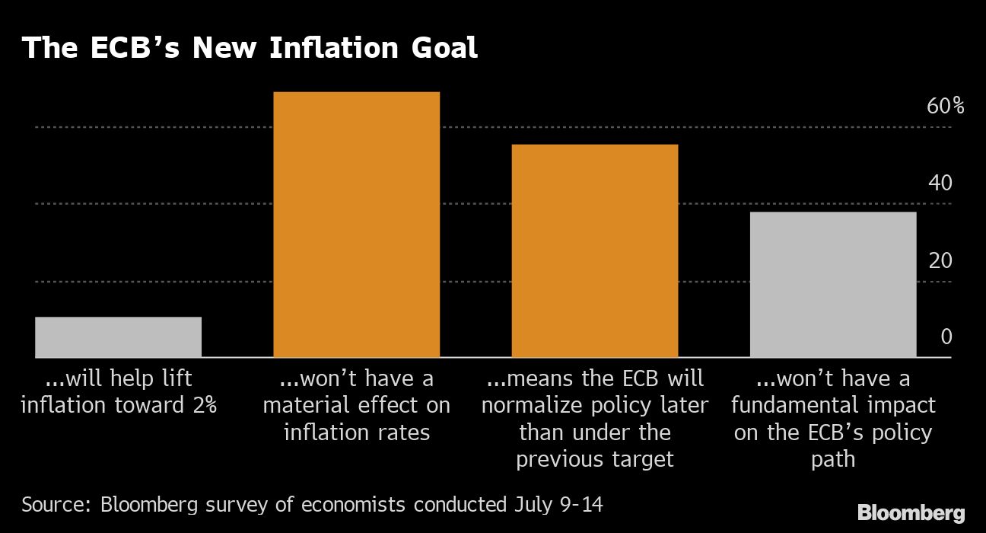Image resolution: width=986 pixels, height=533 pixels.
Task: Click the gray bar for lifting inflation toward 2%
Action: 118,337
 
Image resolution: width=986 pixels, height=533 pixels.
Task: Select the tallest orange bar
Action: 356,225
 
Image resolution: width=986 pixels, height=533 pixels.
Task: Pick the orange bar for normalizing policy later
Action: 594,251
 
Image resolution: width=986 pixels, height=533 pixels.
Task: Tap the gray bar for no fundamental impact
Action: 832,284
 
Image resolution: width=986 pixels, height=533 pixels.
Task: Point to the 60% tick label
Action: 945,106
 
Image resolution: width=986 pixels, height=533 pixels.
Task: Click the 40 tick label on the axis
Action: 940,183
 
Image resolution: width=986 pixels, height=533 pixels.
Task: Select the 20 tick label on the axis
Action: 940,260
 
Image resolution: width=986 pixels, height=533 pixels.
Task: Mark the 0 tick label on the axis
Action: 946,337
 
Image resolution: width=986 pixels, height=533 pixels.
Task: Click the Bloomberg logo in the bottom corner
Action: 911,512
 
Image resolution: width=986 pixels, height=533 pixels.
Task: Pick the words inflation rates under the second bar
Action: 357,432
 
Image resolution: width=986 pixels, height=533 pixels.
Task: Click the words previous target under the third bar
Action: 595,459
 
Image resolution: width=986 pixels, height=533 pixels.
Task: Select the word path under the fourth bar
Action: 834,459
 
